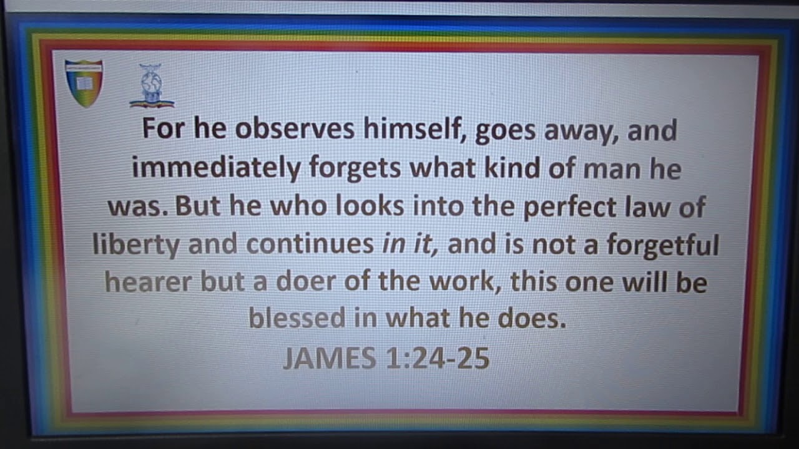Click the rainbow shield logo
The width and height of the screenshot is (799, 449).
(84, 82)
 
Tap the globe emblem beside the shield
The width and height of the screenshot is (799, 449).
(151, 86)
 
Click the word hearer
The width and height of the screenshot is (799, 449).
(148, 282)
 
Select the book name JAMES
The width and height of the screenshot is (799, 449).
(329, 358)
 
